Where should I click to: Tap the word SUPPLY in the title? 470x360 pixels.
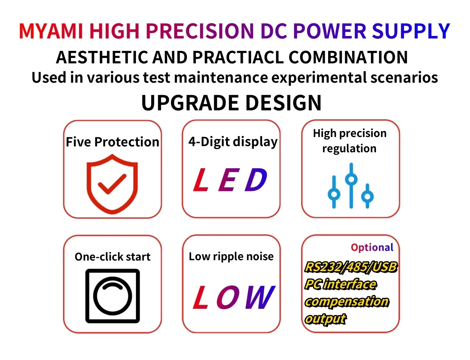(x=410, y=31)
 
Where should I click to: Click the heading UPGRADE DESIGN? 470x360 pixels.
(x=231, y=103)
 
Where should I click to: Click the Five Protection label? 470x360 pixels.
(x=112, y=142)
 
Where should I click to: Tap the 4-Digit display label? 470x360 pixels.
(x=233, y=141)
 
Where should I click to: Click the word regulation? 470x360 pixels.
(x=349, y=149)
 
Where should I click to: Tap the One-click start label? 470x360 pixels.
(x=112, y=257)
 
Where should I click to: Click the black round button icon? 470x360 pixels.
(x=112, y=296)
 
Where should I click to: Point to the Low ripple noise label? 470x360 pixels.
(x=231, y=256)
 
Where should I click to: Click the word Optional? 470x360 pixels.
(x=372, y=247)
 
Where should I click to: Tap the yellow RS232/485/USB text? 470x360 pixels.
(x=351, y=268)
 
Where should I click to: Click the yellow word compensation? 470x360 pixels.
(x=347, y=302)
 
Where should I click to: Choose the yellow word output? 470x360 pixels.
(x=325, y=319)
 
